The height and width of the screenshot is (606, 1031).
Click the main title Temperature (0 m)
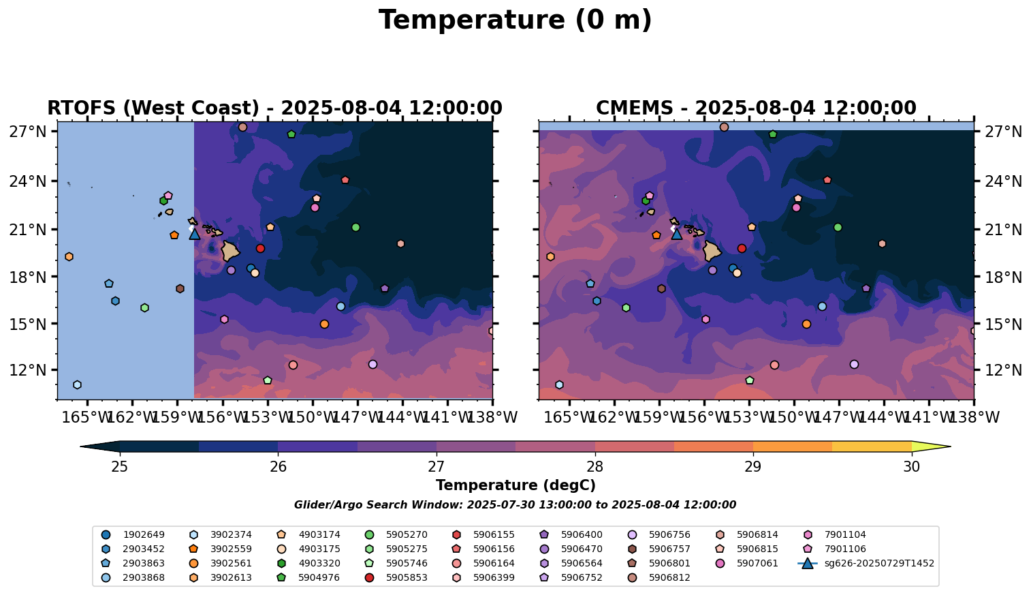click(515, 20)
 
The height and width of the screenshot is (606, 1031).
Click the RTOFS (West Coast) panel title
click(274, 108)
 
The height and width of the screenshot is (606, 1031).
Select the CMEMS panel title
click(756, 108)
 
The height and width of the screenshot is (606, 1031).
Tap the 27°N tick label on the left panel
click(27, 132)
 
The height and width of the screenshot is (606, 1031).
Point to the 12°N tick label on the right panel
click(1002, 370)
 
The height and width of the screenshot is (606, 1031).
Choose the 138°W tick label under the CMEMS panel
click(974, 417)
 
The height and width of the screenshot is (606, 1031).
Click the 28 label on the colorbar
click(594, 467)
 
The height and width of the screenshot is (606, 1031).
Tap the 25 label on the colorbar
click(120, 467)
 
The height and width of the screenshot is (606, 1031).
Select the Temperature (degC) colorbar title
click(515, 485)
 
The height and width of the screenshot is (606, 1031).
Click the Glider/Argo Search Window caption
click(515, 505)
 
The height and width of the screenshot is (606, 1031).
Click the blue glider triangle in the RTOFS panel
click(195, 234)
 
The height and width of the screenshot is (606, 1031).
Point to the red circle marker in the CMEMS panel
click(742, 248)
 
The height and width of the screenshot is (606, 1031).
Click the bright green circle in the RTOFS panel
click(355, 227)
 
